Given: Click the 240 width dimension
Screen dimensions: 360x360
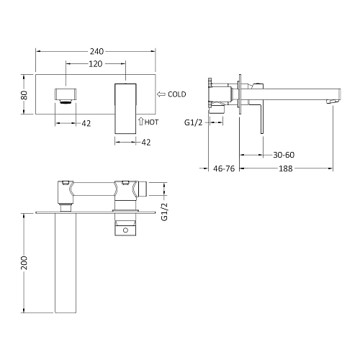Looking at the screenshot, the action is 96,51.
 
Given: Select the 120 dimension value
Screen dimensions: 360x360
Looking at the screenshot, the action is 96,64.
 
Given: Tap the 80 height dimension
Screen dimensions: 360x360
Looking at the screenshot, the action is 24,95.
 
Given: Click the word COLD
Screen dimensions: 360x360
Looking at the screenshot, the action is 177,94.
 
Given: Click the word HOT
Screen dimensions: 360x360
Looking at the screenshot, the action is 151,122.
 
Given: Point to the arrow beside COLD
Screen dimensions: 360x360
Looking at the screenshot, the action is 161,94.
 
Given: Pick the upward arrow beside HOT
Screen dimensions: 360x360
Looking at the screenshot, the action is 141,121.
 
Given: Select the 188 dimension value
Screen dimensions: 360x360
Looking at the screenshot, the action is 286,168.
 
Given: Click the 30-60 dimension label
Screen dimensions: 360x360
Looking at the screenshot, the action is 284,155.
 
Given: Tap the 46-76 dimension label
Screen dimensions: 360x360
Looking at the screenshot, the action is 224,168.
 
